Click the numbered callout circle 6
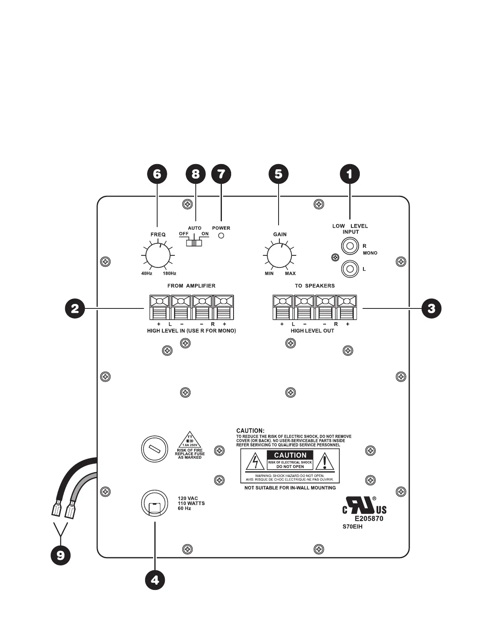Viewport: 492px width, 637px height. coord(157,174)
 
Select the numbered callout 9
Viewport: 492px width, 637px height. coord(60,555)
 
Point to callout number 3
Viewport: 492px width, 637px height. coord(431,308)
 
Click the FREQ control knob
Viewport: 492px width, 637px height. coord(158,255)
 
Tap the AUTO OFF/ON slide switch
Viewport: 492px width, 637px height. coord(195,243)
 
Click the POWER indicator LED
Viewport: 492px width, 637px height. coord(221,236)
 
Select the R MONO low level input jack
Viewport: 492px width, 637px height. coord(350,246)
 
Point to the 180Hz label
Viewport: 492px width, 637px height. coord(169,273)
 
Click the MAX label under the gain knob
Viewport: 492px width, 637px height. coord(290,273)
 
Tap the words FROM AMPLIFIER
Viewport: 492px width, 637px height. coord(191,286)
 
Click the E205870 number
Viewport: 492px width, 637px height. coord(369,519)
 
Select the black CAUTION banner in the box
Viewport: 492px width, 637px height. coord(290,455)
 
